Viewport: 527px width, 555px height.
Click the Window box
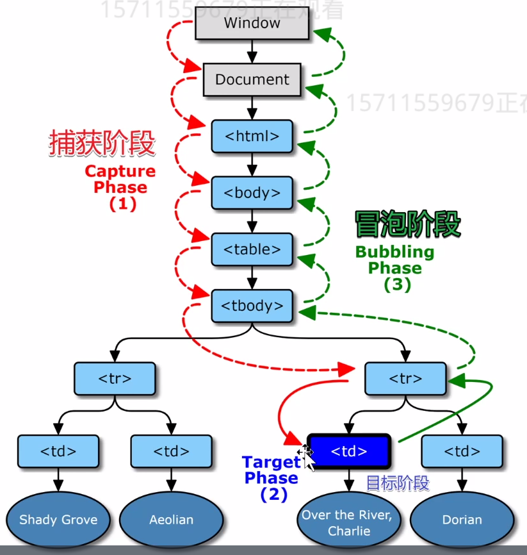point(252,24)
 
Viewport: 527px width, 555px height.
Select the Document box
point(252,80)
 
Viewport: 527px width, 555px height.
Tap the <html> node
point(252,137)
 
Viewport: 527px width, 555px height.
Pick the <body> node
point(252,193)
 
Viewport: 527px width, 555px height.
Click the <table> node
point(252,249)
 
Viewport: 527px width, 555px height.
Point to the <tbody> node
point(252,306)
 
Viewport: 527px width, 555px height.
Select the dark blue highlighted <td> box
point(349,451)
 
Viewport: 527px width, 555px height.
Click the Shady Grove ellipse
point(58,520)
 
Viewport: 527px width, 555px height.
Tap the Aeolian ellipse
point(171,520)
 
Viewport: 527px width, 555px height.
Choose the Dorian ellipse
point(462,520)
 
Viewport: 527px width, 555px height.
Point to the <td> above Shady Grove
point(58,451)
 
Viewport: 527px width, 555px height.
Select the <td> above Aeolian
point(171,451)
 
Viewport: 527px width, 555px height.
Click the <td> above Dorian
point(462,451)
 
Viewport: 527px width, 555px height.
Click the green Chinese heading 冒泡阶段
point(407,225)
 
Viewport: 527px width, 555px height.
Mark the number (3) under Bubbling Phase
point(397,285)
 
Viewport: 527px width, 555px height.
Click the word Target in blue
point(271,462)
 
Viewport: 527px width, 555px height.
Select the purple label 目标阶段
point(397,483)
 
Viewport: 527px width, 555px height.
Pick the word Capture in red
point(120,172)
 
